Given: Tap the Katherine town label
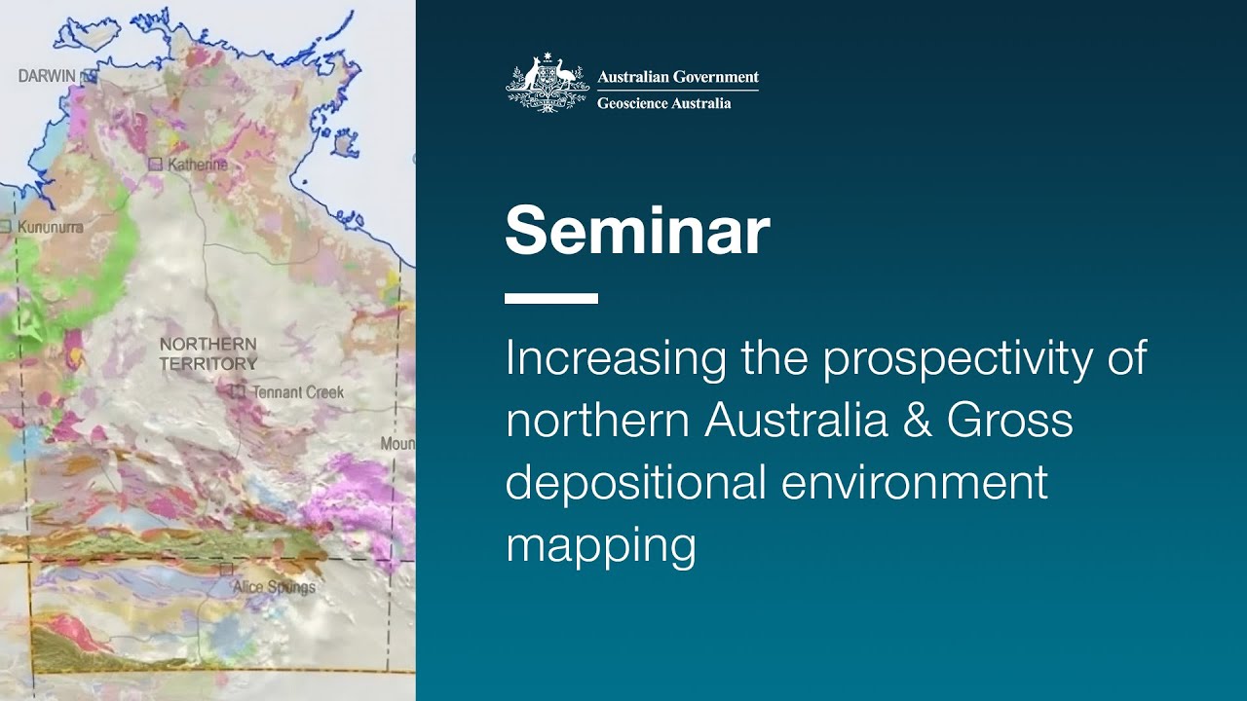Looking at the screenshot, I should pyautogui.click(x=198, y=165).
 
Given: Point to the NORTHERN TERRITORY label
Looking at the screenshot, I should pyautogui.click(x=208, y=353).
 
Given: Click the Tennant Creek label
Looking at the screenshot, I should pyautogui.click(x=298, y=392).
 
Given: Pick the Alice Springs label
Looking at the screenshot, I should pyautogui.click(x=274, y=587).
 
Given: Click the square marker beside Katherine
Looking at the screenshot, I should pyautogui.click(x=155, y=165).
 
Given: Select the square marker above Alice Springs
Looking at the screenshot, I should pyautogui.click(x=227, y=568).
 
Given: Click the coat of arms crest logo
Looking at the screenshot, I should pyautogui.click(x=548, y=85).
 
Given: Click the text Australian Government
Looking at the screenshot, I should pyautogui.click(x=677, y=77).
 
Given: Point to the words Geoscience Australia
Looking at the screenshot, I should pyautogui.click(x=663, y=102).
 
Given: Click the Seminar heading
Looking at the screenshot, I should pyautogui.click(x=637, y=231).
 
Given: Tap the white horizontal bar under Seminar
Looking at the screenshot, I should pyautogui.click(x=550, y=299).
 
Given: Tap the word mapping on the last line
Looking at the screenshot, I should pyautogui.click(x=600, y=546).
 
